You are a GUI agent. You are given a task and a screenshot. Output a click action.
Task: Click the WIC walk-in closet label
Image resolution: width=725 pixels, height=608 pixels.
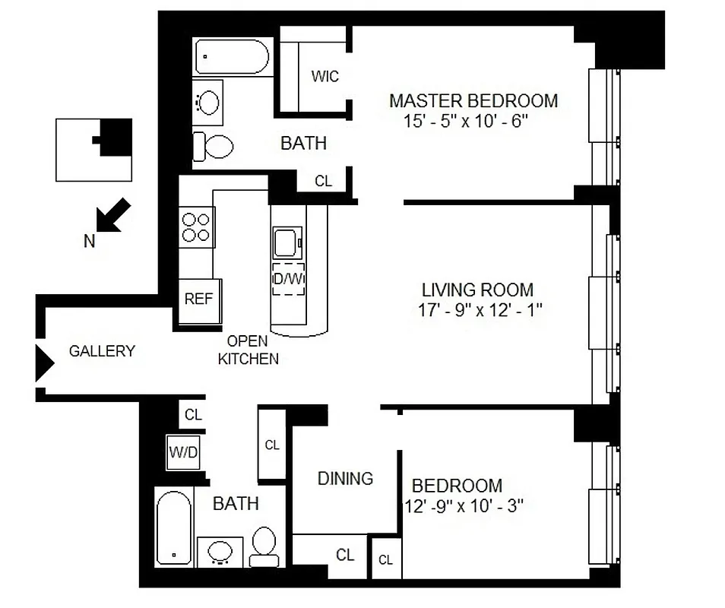[325, 77]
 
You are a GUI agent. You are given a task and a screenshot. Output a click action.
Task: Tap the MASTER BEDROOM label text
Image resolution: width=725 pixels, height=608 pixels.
[473, 100]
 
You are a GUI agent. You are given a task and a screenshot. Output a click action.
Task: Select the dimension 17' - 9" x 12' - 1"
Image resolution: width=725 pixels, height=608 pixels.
[476, 310]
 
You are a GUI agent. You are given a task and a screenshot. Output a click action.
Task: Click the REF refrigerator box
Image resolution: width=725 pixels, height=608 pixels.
[199, 299]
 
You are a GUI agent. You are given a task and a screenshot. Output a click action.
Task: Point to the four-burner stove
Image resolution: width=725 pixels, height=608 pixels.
[195, 226]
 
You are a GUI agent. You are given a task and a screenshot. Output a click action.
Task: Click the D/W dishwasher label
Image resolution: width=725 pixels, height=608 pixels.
[288, 279]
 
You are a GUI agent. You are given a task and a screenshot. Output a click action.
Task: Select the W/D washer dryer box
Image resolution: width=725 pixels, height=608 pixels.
[183, 454]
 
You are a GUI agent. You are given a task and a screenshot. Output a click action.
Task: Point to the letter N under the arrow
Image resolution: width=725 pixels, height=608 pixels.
[90, 242]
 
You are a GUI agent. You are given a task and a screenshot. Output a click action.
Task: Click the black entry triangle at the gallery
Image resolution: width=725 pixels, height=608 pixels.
[44, 360]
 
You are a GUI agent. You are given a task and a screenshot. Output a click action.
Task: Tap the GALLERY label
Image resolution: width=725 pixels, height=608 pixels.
[102, 351]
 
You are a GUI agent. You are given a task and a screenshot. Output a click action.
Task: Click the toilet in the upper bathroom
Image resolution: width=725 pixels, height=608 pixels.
[213, 146]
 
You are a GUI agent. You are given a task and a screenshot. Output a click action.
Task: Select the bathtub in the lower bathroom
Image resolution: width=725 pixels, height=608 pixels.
[173, 527]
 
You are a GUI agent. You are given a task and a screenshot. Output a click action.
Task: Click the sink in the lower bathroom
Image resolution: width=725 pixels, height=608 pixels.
[220, 552]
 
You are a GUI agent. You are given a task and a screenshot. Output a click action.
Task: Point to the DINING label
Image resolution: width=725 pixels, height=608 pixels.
[345, 478]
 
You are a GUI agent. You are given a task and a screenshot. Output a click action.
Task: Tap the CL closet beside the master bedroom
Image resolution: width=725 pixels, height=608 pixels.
[324, 181]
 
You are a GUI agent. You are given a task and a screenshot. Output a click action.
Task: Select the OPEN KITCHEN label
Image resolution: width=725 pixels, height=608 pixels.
[248, 350]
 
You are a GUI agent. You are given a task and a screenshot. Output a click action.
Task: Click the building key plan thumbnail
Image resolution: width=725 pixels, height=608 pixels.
[94, 150]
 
